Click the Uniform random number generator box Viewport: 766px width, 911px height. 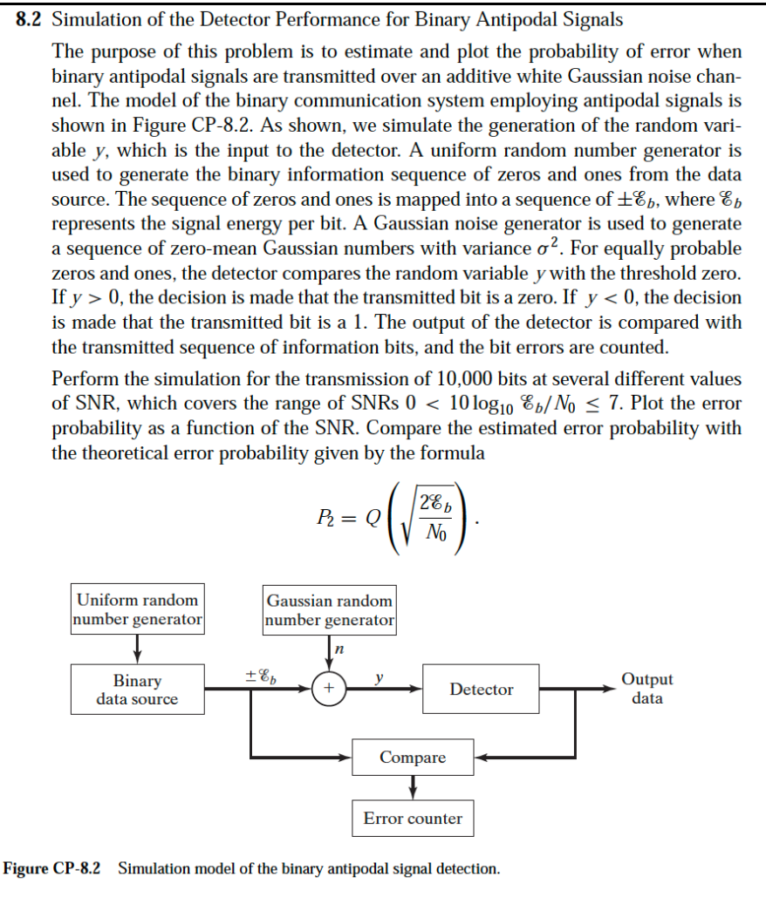click(x=138, y=609)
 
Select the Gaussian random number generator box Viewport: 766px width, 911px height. click(x=330, y=610)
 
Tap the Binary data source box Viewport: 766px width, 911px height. click(x=138, y=690)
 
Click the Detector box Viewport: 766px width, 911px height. click(x=482, y=690)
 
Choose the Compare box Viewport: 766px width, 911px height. click(x=413, y=758)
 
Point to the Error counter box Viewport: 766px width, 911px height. click(x=413, y=819)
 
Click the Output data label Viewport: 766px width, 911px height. click(x=646, y=689)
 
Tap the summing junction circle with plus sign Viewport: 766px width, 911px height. click(x=328, y=689)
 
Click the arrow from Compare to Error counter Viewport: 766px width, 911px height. click(x=413, y=787)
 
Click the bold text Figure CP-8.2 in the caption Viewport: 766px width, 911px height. click(x=52, y=869)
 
